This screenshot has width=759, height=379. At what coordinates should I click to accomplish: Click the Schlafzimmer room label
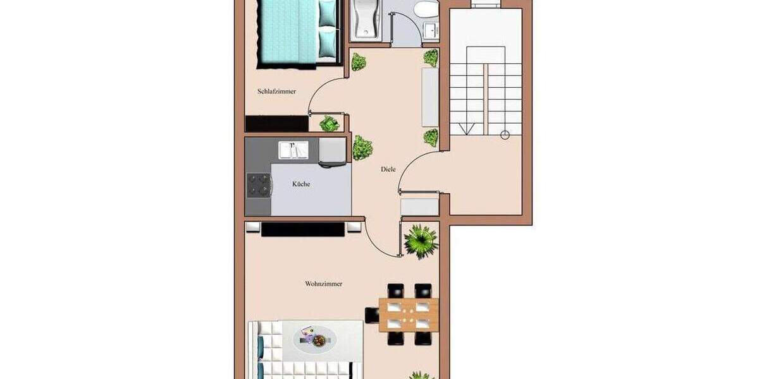276,92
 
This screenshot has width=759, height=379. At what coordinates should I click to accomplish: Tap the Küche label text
301,184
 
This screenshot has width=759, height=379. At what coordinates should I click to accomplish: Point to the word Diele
388,169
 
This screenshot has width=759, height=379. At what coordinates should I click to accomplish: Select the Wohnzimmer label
324,284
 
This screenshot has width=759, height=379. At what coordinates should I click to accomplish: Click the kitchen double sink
293,150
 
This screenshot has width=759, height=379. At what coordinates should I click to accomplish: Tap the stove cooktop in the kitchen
259,185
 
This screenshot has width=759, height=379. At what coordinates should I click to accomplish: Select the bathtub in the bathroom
366,20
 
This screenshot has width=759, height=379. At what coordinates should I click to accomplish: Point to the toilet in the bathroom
426,8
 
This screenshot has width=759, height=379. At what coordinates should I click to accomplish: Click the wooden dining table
409,315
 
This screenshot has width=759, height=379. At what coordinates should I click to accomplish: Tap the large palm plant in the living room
421,241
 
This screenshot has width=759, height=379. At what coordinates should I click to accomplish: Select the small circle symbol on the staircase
505,135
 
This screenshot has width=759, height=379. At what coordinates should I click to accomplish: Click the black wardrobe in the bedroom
277,124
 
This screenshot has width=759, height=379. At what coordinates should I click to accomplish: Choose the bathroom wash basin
431,30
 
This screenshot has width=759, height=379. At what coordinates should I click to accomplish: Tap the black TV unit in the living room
303,229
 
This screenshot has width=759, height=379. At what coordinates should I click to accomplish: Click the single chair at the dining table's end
372,315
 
